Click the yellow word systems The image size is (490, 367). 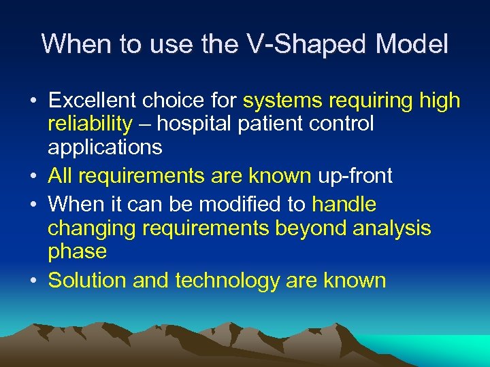coord(282,101)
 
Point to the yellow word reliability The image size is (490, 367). coord(90,124)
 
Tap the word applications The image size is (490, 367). coord(105,147)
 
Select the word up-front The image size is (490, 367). coord(355,176)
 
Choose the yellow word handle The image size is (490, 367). coord(344,204)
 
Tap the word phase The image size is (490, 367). coord(77,251)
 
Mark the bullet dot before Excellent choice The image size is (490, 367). coord(33,102)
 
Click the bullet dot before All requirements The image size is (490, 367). coord(33,177)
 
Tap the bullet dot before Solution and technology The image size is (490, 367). coord(33,281)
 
